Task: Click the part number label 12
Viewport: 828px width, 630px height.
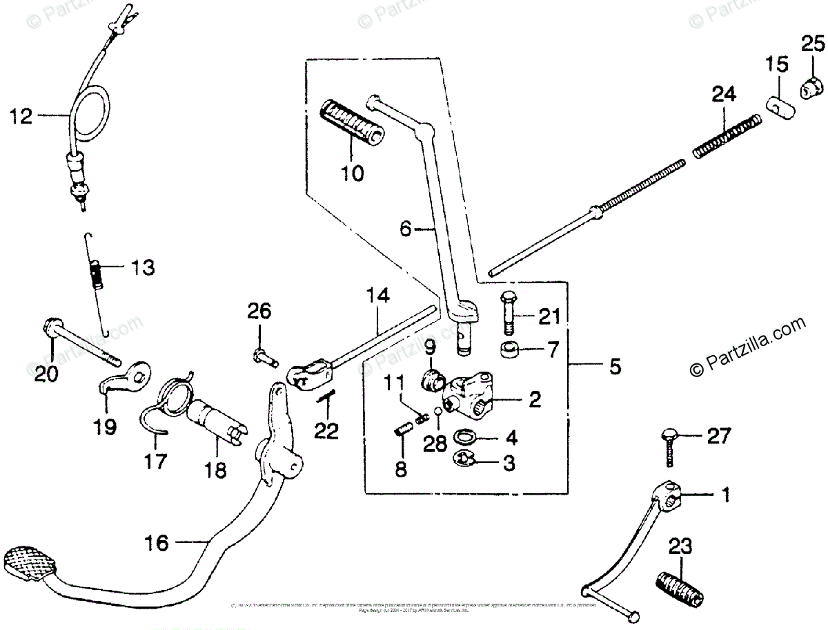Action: click(x=21, y=117)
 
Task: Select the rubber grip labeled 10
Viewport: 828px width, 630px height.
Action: click(x=352, y=122)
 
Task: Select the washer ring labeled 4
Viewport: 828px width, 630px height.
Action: click(x=468, y=437)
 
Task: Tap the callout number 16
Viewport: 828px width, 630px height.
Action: click(x=158, y=544)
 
